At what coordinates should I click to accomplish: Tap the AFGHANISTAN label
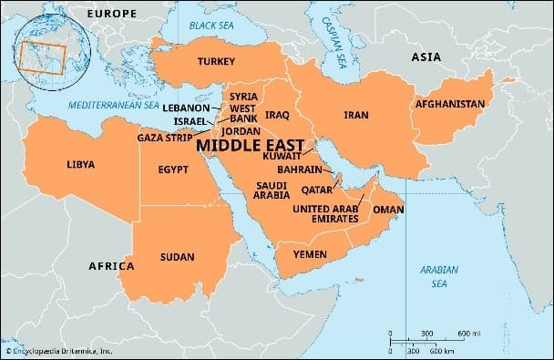(x=449, y=104)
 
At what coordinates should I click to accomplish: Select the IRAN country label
(x=355, y=116)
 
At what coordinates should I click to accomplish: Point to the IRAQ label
(x=277, y=116)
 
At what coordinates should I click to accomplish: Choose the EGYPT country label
(x=173, y=170)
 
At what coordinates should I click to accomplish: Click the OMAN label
(x=388, y=209)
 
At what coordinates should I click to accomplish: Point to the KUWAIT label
(x=281, y=157)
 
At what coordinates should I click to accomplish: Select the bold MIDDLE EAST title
(x=251, y=144)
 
